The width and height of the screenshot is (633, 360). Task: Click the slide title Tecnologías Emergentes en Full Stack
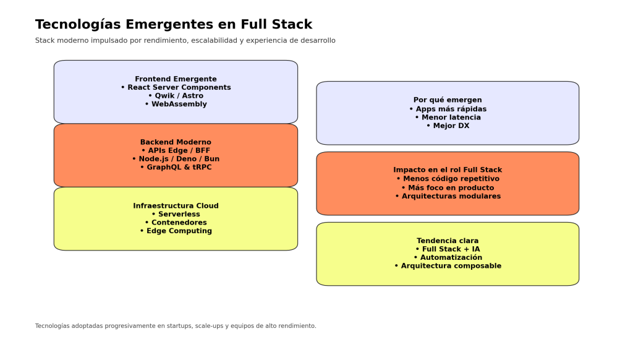click(x=174, y=25)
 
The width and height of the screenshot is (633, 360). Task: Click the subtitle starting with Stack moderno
click(x=185, y=41)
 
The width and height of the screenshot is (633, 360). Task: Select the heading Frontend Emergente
click(x=176, y=79)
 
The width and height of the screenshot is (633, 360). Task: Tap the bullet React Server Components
click(x=176, y=88)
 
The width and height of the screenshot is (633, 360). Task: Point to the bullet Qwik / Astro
click(x=176, y=96)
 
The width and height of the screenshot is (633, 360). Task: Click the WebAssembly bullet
click(x=176, y=105)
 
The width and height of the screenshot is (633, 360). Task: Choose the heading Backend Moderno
click(x=176, y=142)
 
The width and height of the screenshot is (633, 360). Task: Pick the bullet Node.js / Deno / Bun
click(x=176, y=159)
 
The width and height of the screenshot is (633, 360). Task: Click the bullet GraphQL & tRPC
click(x=176, y=168)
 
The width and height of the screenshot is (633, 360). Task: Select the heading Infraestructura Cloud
click(x=176, y=206)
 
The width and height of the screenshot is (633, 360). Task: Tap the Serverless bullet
click(x=176, y=214)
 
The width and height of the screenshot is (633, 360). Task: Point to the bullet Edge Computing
click(x=176, y=231)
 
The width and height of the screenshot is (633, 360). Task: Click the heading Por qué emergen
click(x=448, y=100)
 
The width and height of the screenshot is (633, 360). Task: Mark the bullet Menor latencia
click(x=448, y=118)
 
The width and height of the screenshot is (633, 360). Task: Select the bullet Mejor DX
click(x=448, y=126)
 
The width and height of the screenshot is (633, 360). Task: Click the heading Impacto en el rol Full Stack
click(x=448, y=170)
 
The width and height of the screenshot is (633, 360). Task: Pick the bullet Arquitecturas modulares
click(x=448, y=197)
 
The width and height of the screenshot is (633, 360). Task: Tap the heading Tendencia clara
click(x=448, y=241)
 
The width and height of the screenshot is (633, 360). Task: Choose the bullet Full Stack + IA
click(x=448, y=249)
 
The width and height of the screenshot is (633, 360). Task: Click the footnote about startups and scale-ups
click(x=176, y=326)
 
